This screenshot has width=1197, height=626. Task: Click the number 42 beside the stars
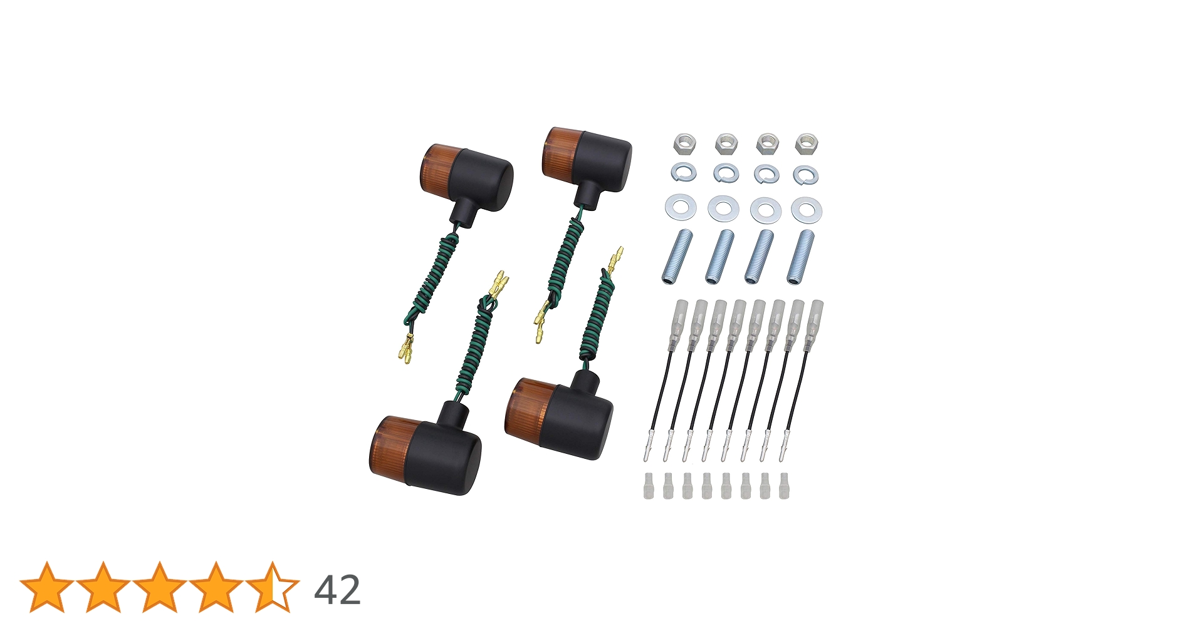pos(337,590)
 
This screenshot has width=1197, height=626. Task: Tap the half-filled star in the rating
pos(273,587)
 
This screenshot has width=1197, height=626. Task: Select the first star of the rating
pos(47,587)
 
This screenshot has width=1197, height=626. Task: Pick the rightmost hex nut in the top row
pos(806,143)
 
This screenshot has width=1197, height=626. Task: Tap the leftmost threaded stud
pos(676,257)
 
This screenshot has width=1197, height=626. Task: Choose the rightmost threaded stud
pos(800,257)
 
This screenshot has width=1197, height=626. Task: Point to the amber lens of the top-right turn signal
pos(556,151)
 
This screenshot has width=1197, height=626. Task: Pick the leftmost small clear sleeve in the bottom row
pos(648,486)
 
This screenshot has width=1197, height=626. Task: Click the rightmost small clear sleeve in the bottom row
pos(784,486)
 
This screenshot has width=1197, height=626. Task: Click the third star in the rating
pos(160,587)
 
